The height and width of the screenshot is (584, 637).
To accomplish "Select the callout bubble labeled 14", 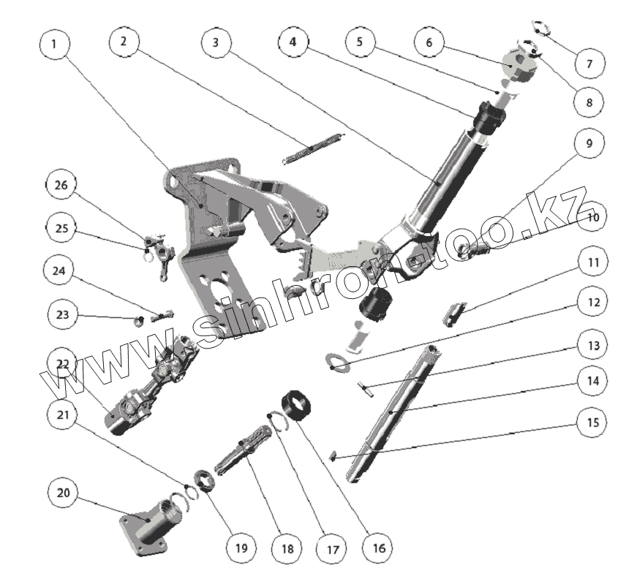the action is pyautogui.click(x=589, y=381).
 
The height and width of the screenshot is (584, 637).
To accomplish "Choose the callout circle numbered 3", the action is pyautogui.click(x=215, y=43).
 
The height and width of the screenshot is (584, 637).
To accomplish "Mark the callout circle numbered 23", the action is pyautogui.click(x=61, y=316).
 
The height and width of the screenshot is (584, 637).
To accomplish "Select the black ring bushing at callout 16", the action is pyautogui.click(x=298, y=406).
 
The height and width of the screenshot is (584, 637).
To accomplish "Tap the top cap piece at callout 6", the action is pyautogui.click(x=519, y=61).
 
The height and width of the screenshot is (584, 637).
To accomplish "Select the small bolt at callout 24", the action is pyautogui.click(x=162, y=317).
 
